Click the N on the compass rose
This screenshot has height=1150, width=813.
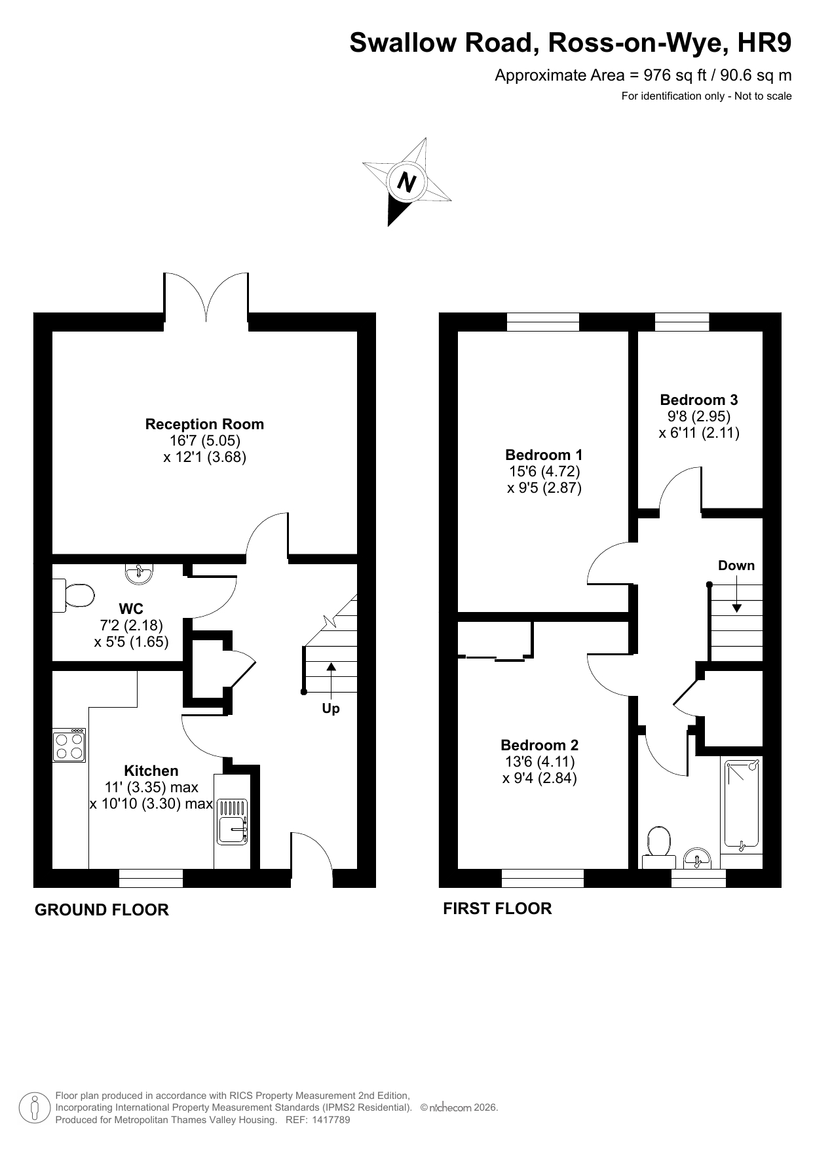407,182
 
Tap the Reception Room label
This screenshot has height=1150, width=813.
204,424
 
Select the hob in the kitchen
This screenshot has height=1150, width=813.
69,745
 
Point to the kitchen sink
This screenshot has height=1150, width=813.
232,820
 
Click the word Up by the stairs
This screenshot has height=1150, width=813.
331,708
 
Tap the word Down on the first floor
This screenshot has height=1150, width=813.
736,565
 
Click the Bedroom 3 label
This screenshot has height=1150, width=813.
699,400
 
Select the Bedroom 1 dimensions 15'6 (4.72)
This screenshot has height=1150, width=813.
544,471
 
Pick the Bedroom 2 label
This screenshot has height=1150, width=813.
540,745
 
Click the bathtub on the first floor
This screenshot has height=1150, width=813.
742,805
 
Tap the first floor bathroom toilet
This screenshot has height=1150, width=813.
658,847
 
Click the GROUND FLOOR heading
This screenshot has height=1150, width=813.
102,910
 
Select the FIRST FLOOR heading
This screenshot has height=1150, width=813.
498,908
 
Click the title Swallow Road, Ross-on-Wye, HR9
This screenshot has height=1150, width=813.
571,43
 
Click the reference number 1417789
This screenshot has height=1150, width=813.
331,1120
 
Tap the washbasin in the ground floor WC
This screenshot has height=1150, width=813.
138,573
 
